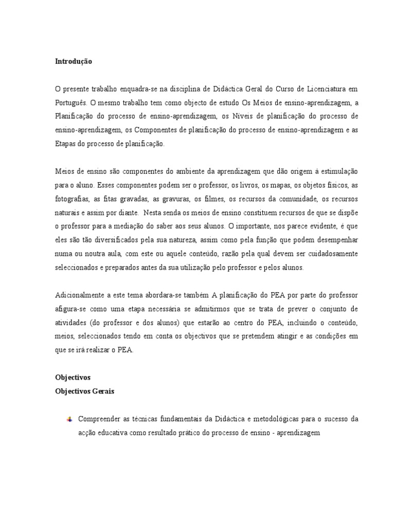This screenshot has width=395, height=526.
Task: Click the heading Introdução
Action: [x=74, y=61]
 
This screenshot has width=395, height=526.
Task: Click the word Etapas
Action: [x=65, y=144]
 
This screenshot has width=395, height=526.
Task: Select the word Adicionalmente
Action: [x=78, y=295]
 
